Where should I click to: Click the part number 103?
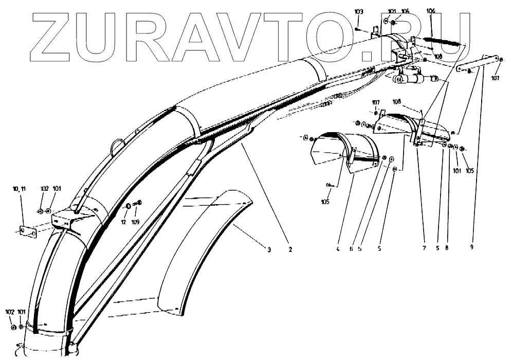[x=359, y=11]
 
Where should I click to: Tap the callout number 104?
[x=406, y=11]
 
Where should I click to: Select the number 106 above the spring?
[x=431, y=11]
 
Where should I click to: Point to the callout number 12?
[x=123, y=222]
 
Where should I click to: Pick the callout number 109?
[x=135, y=222]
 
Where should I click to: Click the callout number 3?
[x=268, y=249]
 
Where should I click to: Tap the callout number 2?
[x=290, y=249]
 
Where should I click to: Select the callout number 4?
[x=338, y=248]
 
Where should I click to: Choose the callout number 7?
[x=424, y=248]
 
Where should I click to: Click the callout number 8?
[x=447, y=248]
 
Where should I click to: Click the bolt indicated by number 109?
[x=138, y=203]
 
